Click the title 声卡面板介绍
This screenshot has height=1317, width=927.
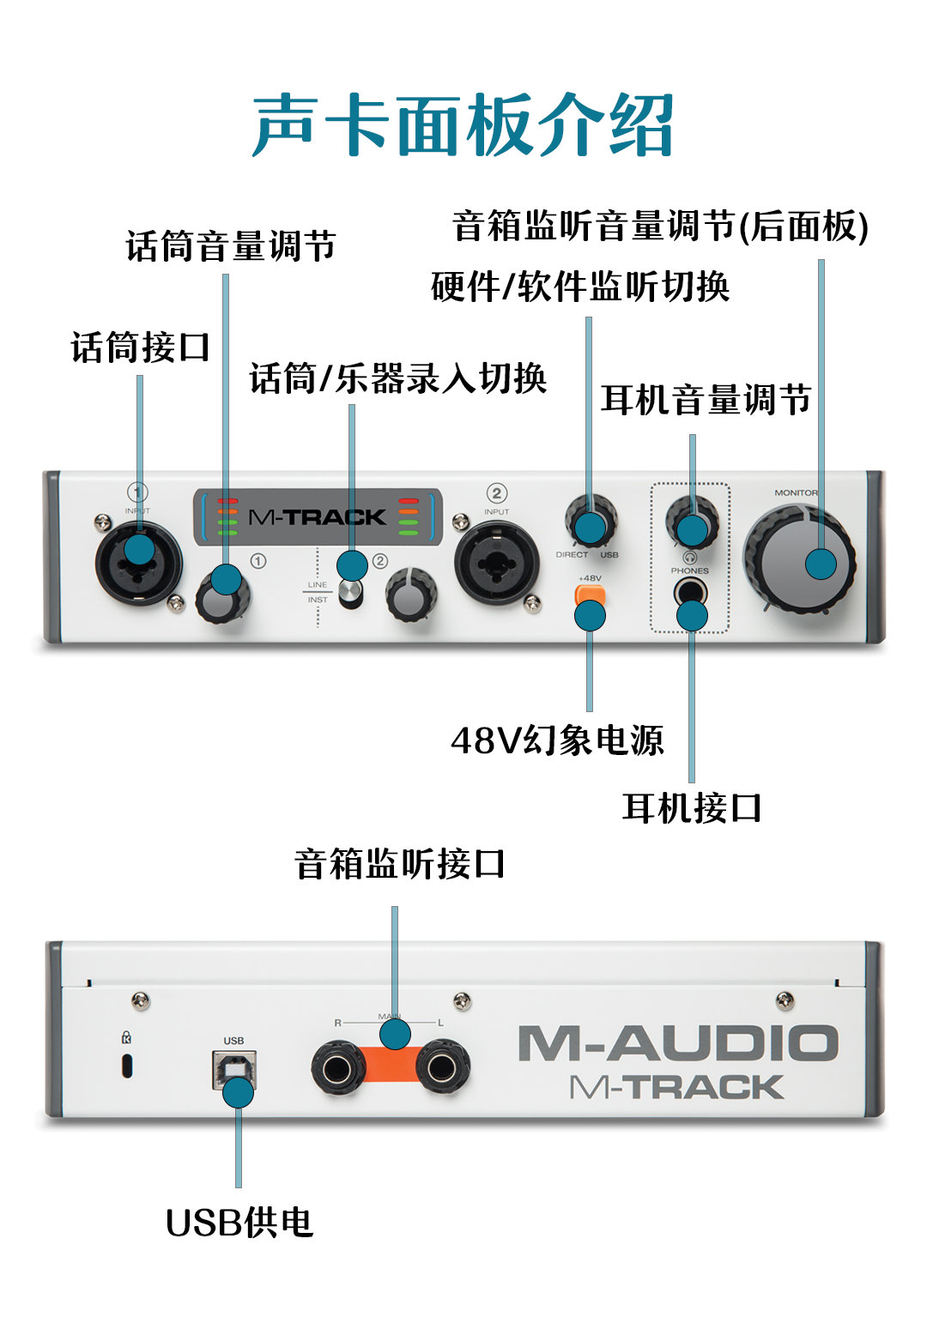point(463,126)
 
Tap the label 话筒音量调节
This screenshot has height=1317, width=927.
point(231,247)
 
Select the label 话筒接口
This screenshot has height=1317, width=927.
point(140,348)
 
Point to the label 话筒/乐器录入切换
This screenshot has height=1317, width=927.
point(398,379)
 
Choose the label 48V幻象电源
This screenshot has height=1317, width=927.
point(557,740)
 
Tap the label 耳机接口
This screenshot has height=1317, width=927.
point(692,809)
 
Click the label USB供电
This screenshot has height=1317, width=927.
point(239,1223)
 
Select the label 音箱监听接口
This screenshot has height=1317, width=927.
point(399,865)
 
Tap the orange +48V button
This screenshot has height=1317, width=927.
point(591,595)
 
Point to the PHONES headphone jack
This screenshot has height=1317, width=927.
point(690,592)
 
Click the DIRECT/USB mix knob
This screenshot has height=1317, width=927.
point(591,520)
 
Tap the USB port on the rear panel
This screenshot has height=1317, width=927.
point(233,1069)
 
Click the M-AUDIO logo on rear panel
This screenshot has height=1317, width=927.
point(677,1044)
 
